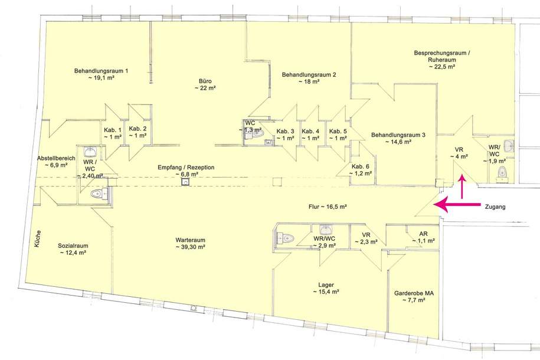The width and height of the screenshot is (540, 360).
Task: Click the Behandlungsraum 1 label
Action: click(x=102, y=71)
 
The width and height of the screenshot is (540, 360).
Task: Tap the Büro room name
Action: click(x=205, y=81)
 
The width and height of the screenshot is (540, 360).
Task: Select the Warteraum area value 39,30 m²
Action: click(x=190, y=247)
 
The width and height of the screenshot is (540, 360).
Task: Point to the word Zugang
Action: click(x=495, y=207)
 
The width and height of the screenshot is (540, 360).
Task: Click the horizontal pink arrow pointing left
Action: click(x=457, y=204)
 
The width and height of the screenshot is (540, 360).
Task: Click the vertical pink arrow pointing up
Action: click(x=462, y=186)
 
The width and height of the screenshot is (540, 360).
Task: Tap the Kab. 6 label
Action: click(x=360, y=166)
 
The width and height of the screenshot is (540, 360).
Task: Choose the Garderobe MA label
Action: click(x=414, y=293)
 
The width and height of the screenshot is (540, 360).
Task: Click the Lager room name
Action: click(x=326, y=285)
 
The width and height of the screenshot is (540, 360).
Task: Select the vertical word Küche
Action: click(x=38, y=239)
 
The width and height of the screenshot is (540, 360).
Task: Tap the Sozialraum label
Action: click(x=73, y=246)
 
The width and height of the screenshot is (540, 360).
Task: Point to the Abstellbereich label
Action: click(x=56, y=159)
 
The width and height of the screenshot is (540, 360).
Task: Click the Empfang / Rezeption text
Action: click(x=186, y=168)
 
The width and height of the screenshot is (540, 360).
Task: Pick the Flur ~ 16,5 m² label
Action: click(x=328, y=207)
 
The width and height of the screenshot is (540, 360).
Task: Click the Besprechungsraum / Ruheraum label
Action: click(x=442, y=57)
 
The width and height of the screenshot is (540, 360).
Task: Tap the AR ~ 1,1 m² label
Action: click(x=423, y=237)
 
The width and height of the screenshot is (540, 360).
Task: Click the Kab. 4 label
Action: click(x=310, y=131)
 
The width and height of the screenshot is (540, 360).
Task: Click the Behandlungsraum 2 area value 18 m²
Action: click(x=309, y=81)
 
